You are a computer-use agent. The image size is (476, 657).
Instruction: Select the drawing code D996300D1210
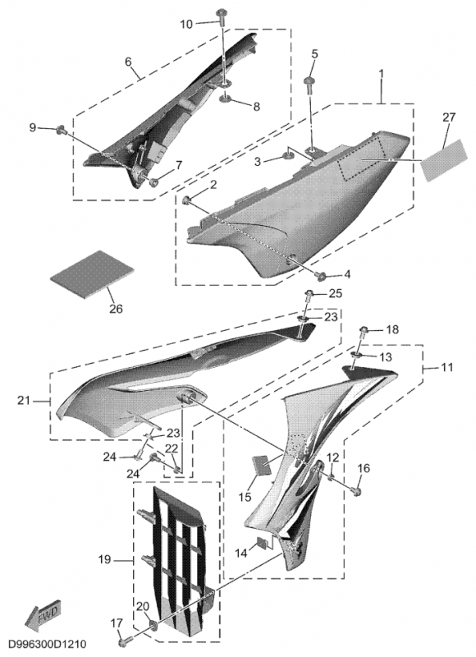click(x=48, y=643)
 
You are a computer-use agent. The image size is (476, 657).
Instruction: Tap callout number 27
click(x=448, y=117)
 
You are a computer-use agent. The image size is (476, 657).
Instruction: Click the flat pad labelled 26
click(x=92, y=274)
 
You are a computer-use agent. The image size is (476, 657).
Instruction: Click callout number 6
click(x=128, y=62)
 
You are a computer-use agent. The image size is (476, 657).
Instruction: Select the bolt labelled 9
click(x=62, y=131)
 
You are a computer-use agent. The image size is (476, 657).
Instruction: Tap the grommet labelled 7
click(x=153, y=182)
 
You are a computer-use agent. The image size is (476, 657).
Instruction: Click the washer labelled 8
click(x=227, y=99)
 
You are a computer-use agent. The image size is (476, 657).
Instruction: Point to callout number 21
click(x=24, y=401)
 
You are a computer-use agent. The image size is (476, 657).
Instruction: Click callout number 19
click(x=105, y=559)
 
